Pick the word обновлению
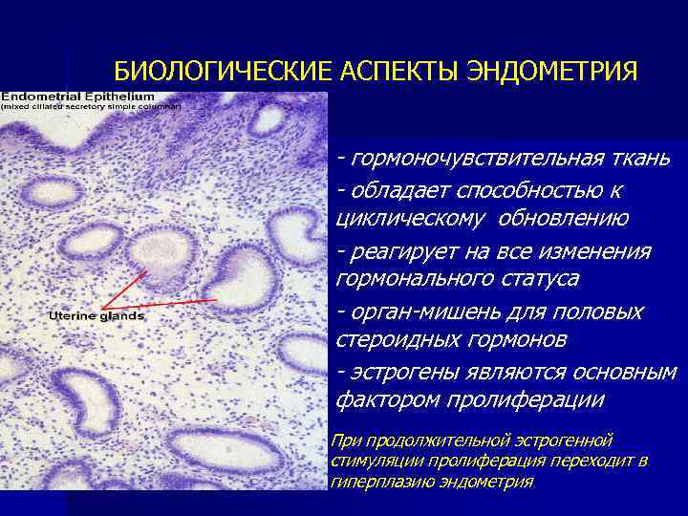click(x=564, y=218)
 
